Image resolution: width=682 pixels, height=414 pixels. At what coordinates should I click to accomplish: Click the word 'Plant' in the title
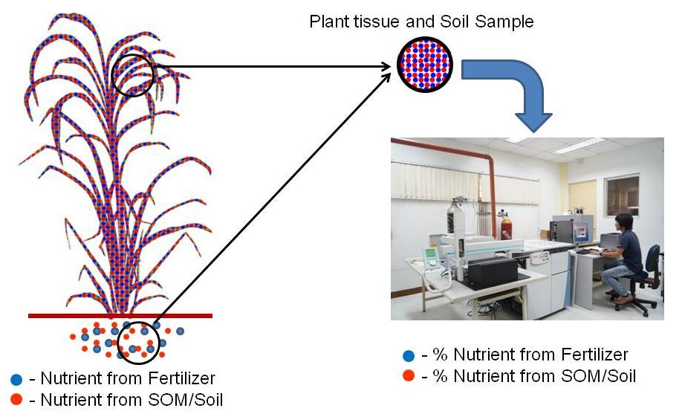[328, 22]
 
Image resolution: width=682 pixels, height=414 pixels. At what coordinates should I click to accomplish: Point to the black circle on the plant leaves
[133, 75]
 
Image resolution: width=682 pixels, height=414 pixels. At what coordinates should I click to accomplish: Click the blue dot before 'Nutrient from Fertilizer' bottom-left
[17, 379]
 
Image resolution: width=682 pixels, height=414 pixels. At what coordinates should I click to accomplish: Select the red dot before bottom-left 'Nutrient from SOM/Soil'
[17, 400]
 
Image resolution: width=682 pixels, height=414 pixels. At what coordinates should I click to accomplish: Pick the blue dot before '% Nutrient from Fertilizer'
[407, 355]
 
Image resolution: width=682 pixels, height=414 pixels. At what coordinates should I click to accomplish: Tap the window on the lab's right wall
[623, 195]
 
